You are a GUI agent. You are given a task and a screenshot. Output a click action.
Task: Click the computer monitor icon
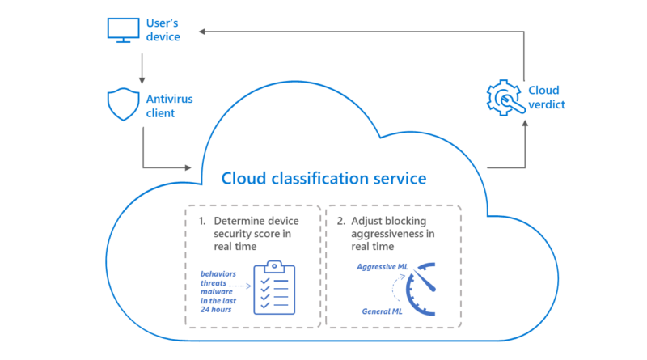coord(123,30)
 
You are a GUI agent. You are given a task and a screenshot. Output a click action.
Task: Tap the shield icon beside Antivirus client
coord(123,104)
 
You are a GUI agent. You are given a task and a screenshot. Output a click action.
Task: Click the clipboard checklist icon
coord(274,287)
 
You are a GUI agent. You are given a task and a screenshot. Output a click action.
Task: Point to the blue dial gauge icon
coord(421,289)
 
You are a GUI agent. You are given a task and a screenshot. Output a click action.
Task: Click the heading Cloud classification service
coord(324,178)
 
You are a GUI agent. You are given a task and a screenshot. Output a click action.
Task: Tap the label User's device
coord(163,30)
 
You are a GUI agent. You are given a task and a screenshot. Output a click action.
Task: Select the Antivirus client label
coord(169,106)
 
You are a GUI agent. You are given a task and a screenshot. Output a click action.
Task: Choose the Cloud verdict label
coord(547,97)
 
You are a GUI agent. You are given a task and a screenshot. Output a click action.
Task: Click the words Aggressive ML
coord(382,267)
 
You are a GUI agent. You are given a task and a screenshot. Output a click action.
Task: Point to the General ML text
coord(382,311)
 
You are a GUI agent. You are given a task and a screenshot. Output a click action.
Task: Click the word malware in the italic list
coord(216,291)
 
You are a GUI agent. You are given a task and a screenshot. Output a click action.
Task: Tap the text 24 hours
coord(216,309)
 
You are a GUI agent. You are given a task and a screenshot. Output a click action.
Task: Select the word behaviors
coord(218,273)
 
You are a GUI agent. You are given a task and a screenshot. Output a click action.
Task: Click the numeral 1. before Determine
coord(202,222)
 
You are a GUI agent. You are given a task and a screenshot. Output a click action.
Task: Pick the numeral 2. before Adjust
coord(340,222)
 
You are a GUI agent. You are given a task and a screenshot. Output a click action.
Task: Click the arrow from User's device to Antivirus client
coord(142,69)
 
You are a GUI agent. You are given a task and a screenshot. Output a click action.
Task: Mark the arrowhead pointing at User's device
coord(202,32)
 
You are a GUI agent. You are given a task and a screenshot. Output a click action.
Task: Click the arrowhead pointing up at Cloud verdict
coord(525,123)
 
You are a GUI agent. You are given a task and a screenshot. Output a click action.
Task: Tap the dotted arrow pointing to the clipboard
coord(239,286)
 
